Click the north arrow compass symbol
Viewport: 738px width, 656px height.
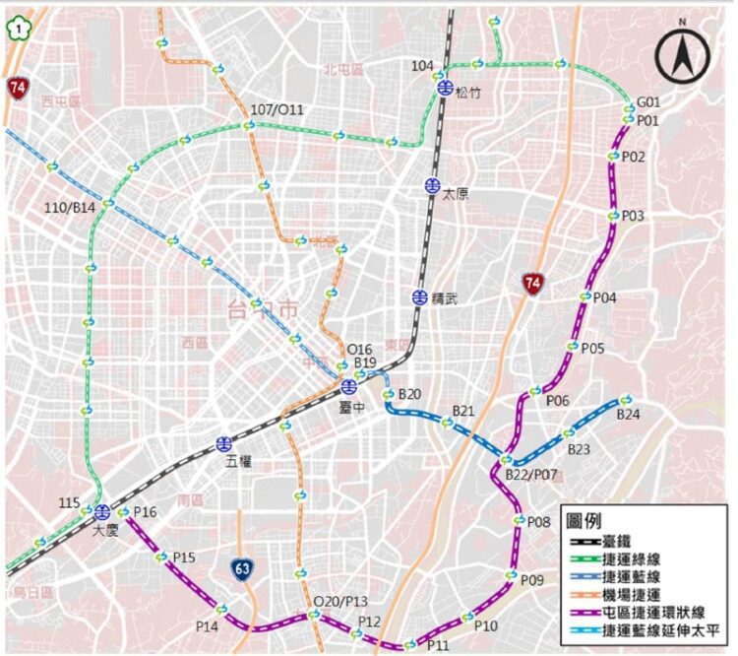pos(683,56)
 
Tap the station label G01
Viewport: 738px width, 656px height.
pos(647,101)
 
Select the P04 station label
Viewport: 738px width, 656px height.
pos(604,297)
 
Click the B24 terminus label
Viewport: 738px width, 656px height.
pos(629,416)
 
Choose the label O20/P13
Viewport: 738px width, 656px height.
pos(339,602)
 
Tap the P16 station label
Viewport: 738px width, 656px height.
pos(145,512)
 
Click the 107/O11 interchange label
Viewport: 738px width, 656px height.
pos(278,109)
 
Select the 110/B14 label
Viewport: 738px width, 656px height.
pos(71,207)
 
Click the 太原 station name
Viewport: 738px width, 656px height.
pos(455,194)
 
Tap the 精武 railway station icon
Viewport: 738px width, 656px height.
pos(420,297)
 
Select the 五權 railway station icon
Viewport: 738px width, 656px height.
pos(224,444)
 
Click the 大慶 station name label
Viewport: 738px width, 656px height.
pos(105,530)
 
